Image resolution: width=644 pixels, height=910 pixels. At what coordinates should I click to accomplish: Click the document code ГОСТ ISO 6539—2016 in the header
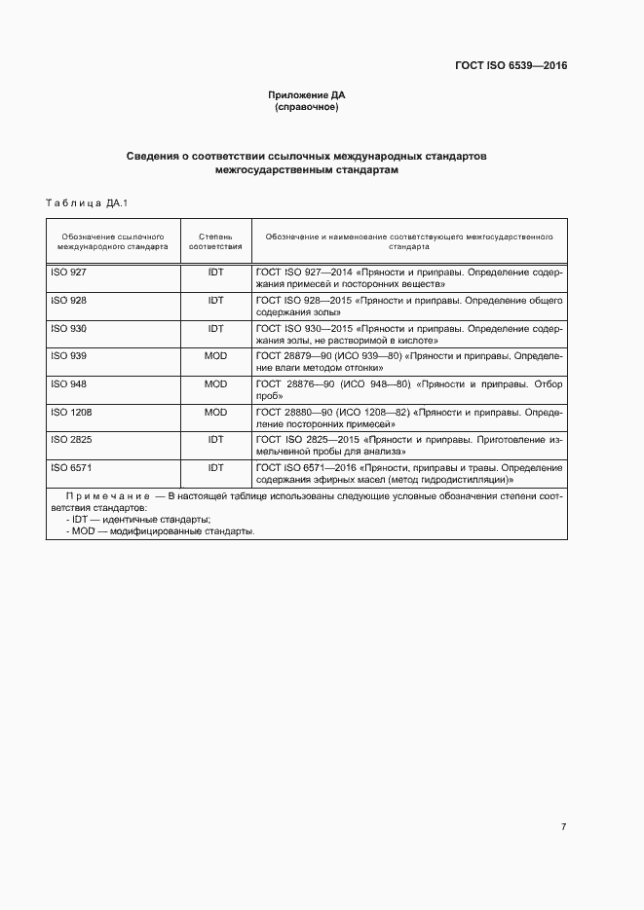[511, 66]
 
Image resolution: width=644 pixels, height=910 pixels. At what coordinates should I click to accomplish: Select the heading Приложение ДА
[307, 94]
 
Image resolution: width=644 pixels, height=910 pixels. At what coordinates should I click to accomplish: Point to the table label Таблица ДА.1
[87, 202]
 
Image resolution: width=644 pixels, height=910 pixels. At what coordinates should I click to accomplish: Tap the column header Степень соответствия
[215, 241]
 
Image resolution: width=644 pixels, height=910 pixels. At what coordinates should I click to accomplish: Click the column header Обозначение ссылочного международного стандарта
[112, 241]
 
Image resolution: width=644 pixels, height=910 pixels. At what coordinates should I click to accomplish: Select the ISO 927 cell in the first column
[68, 273]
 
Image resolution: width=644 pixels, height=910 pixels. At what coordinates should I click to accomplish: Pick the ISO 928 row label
[68, 301]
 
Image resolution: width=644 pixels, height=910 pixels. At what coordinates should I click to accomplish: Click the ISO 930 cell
[68, 329]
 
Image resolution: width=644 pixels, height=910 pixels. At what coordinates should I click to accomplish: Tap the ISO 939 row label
[68, 356]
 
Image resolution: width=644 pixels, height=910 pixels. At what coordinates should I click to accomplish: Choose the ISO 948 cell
[68, 384]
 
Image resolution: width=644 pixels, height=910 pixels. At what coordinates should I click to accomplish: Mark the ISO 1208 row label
[71, 413]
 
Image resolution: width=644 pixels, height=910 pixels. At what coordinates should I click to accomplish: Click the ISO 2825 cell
[71, 440]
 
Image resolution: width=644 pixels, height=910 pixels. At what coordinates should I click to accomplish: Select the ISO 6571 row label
[71, 468]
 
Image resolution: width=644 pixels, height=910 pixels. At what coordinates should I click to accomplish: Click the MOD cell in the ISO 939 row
[215, 356]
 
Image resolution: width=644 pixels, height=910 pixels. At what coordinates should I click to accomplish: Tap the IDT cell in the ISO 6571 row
[215, 468]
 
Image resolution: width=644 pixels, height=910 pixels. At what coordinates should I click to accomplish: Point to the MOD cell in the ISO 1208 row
[215, 413]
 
